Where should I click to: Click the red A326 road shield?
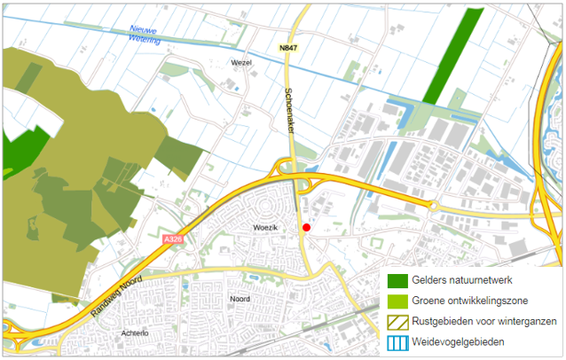tap(173, 239)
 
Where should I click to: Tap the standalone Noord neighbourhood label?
tap(240, 299)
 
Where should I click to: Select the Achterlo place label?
tap(134, 333)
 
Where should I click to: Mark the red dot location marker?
tap(306, 228)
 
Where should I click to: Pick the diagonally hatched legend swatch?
tap(397, 321)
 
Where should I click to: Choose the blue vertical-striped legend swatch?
tap(397, 340)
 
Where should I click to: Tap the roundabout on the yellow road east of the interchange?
tap(434, 206)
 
